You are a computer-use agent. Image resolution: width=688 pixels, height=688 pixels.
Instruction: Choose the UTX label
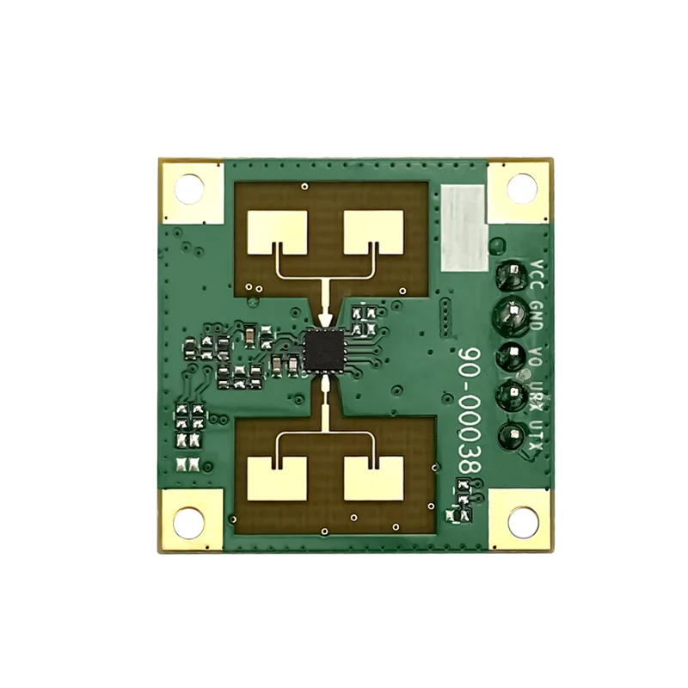pyautogui.click(x=537, y=430)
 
